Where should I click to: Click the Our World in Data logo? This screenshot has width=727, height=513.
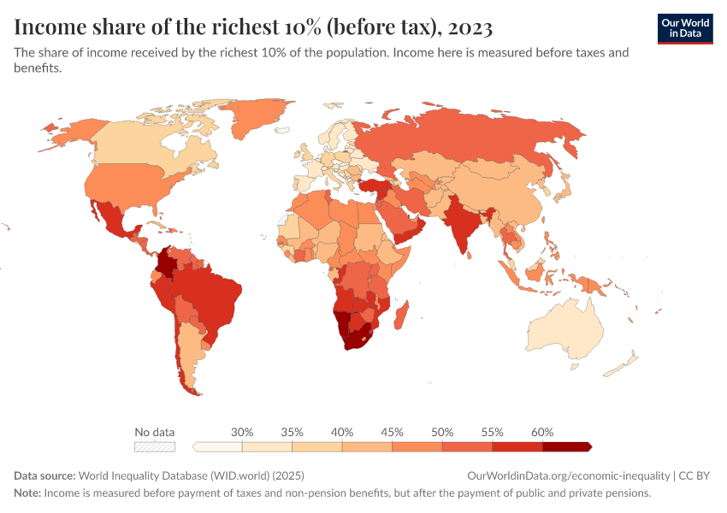pyautogui.click(x=684, y=28)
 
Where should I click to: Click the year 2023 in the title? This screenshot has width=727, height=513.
pyautogui.click(x=468, y=28)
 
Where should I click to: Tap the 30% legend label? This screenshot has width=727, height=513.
pyautogui.click(x=242, y=432)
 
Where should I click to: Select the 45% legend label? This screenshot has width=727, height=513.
pyautogui.click(x=392, y=432)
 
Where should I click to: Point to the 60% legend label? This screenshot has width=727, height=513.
pyautogui.click(x=541, y=432)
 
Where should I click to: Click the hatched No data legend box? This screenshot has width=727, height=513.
pyautogui.click(x=154, y=446)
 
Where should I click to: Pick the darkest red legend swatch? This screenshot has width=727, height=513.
pyautogui.click(x=566, y=446)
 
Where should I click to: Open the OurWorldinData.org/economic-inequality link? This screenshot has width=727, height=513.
pyautogui.click(x=569, y=475)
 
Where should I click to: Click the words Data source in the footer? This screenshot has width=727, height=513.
pyautogui.click(x=44, y=475)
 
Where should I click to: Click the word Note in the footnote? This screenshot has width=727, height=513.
pyautogui.click(x=27, y=493)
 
